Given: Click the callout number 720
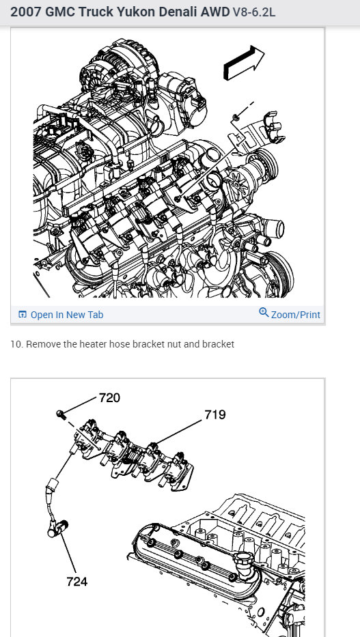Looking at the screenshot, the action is [109, 398].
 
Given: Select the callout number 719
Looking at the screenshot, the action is [214, 415].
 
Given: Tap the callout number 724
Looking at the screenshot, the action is [77, 582].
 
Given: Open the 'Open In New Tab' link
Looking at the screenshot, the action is [67, 315].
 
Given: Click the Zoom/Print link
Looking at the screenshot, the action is [295, 315].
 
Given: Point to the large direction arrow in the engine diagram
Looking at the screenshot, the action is [244, 62].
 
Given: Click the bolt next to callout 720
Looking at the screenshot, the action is [61, 414].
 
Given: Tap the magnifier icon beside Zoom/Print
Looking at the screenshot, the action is [264, 313].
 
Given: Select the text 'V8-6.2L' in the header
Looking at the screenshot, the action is [254, 12].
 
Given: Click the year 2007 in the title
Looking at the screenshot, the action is [26, 12].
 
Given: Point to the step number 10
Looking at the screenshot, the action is [16, 345].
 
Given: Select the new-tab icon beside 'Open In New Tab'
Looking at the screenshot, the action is [23, 315].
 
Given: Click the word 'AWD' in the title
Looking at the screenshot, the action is [215, 12].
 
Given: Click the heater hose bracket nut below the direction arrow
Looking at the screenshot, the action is [236, 118].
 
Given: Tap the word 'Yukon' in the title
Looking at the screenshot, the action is [136, 12].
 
